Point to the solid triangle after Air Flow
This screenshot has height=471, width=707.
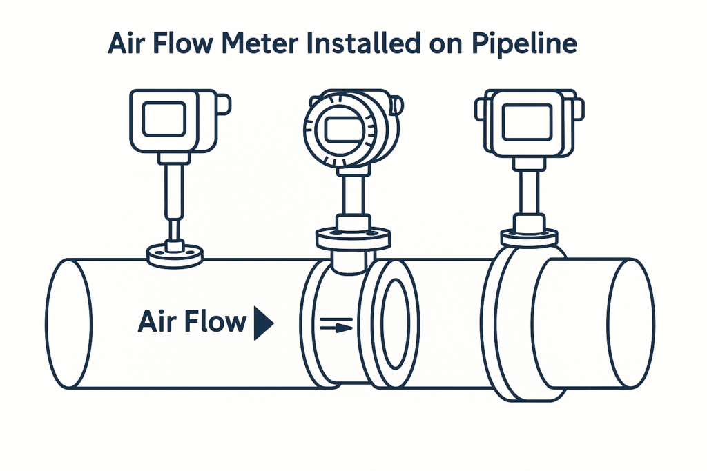[x=263, y=323]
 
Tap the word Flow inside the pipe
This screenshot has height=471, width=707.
[x=212, y=321]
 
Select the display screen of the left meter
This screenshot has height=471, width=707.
[x=164, y=119]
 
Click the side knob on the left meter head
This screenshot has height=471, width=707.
[x=224, y=104]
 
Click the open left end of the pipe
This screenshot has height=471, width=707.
[x=69, y=323]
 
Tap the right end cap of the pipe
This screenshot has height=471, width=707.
[x=631, y=323]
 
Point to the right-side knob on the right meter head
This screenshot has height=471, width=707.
[x=579, y=108]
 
